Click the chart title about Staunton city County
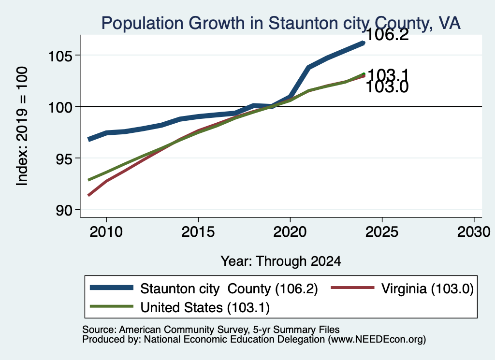click(281, 23)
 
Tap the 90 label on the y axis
click(64, 210)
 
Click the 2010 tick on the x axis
click(106, 232)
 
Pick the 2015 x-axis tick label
click(198, 232)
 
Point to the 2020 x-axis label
click(290, 232)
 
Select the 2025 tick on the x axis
click(382, 232)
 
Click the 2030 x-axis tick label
click(474, 232)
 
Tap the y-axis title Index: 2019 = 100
click(22, 126)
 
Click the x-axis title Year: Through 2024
click(281, 261)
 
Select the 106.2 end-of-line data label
click(387, 34)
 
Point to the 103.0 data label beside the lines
click(387, 87)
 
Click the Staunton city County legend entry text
click(229, 288)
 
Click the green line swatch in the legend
click(112, 306)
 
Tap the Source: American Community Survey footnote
click(211, 330)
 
